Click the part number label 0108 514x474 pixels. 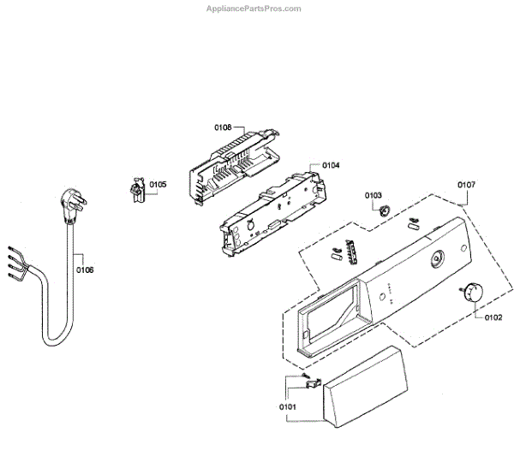[223, 127]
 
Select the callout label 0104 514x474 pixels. [331, 164]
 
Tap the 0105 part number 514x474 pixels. [158, 184]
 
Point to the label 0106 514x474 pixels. [85, 270]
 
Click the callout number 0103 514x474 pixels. [374, 195]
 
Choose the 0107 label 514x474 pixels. [466, 185]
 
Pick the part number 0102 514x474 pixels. [493, 317]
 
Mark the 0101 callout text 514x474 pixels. [288, 406]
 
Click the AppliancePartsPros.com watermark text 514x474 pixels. [254, 9]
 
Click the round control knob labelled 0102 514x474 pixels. [472, 293]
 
